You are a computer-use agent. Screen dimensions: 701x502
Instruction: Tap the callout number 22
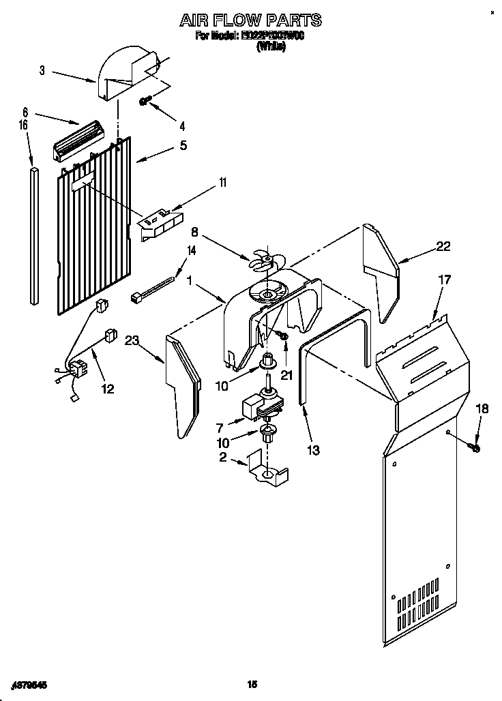443,247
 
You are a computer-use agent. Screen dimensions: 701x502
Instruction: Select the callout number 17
445,279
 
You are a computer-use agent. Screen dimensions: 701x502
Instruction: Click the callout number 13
314,450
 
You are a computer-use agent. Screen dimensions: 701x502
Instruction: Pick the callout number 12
107,389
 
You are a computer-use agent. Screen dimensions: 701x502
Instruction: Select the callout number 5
183,145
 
